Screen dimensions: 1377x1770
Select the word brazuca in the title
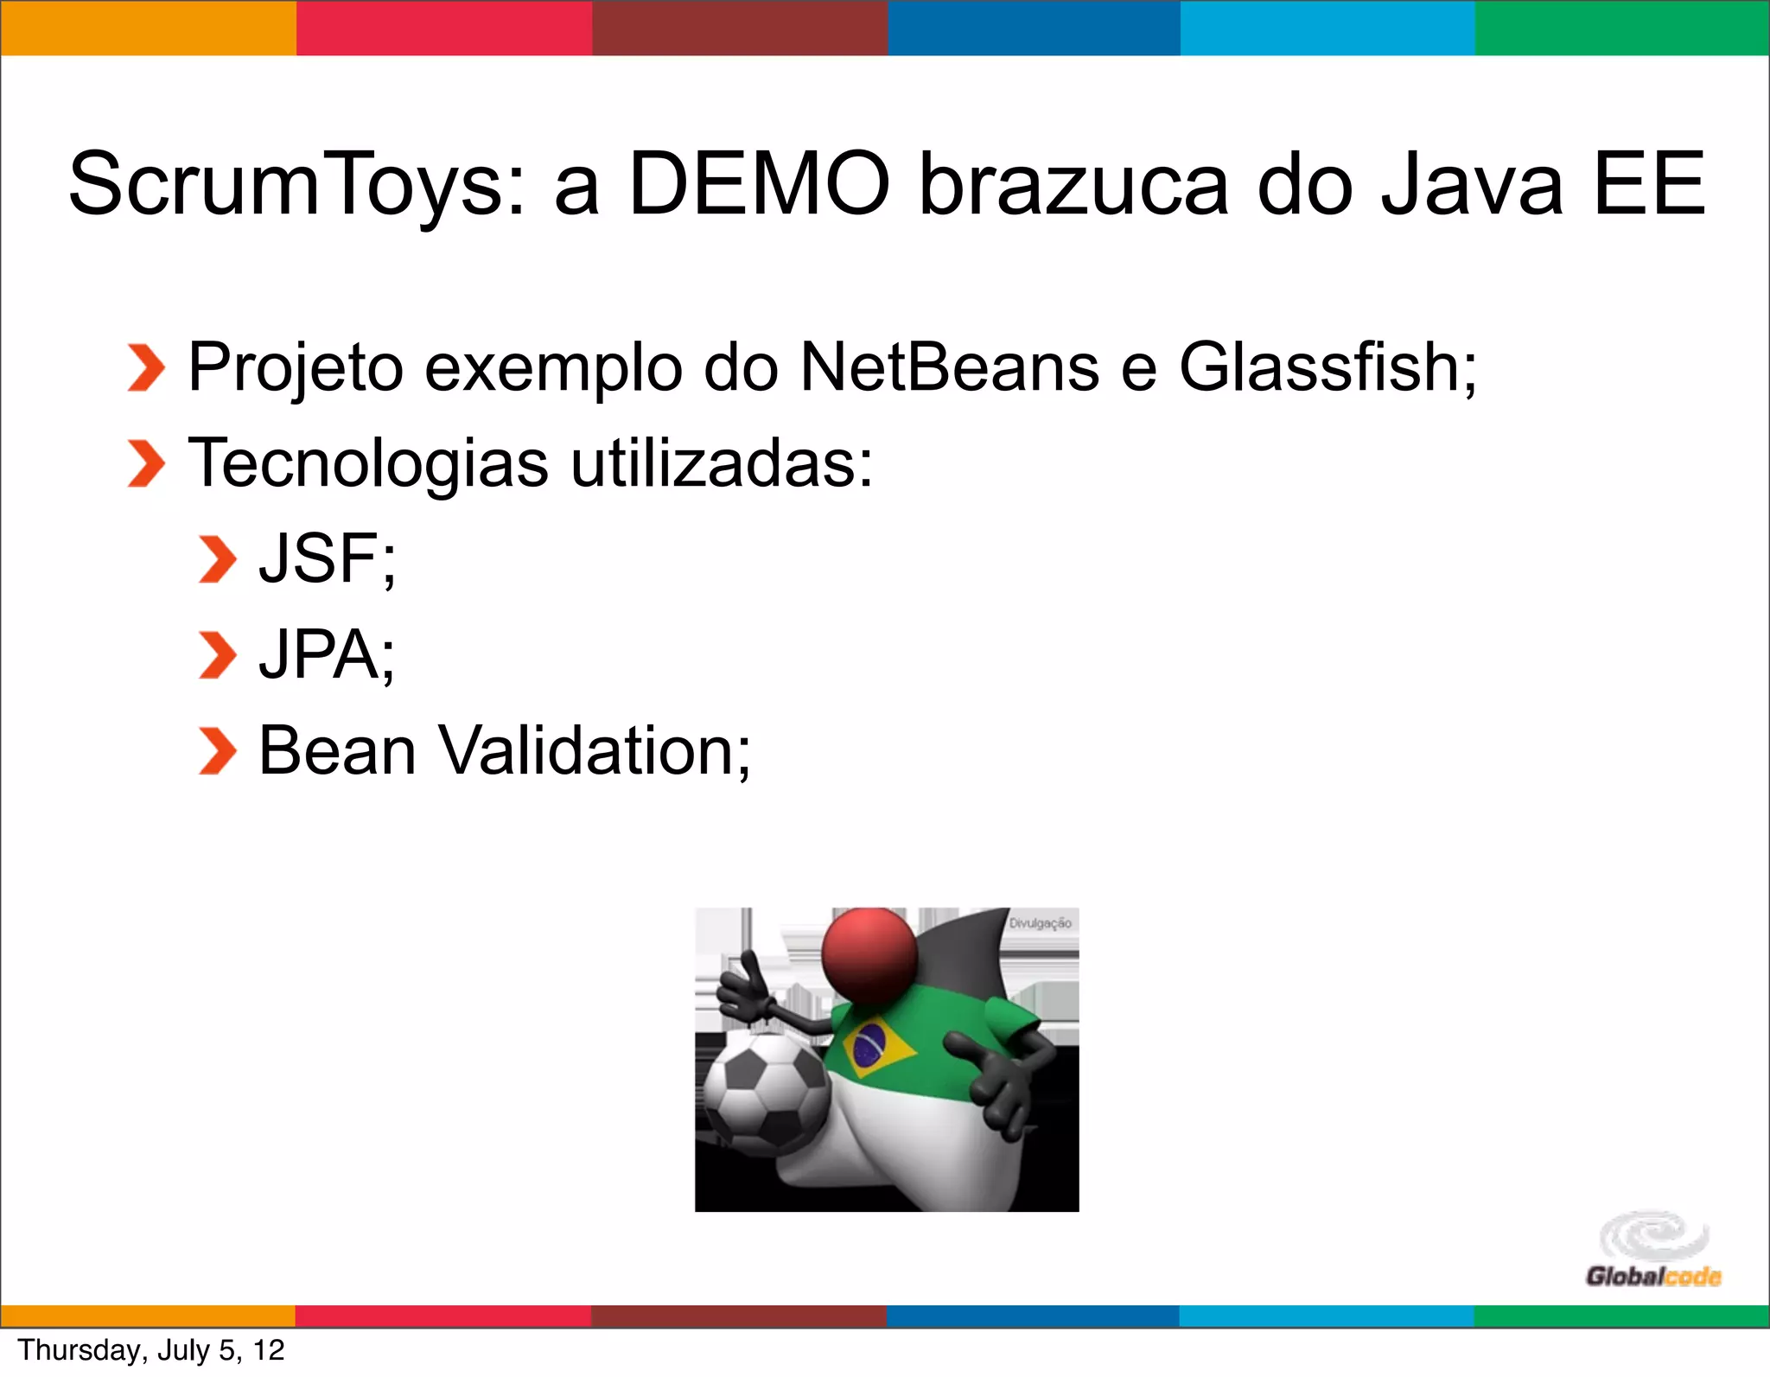click(x=1073, y=185)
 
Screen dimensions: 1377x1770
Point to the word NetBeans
click(x=949, y=367)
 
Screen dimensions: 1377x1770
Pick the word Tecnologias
click(x=368, y=464)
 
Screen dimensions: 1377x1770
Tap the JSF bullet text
click(x=327, y=559)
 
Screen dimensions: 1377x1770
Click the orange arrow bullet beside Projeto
click(x=145, y=367)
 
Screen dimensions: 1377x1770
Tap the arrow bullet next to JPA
click(x=216, y=655)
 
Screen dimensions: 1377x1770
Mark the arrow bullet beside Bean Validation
click(x=216, y=750)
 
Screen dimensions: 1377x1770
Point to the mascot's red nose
click(x=869, y=954)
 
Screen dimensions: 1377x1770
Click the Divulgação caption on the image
click(x=1040, y=923)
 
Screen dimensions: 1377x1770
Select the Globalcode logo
click(x=1652, y=1250)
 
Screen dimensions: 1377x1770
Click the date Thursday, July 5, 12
click(x=151, y=1350)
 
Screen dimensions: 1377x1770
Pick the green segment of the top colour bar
click(x=1621, y=28)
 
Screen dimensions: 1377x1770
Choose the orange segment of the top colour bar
click(x=148, y=28)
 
